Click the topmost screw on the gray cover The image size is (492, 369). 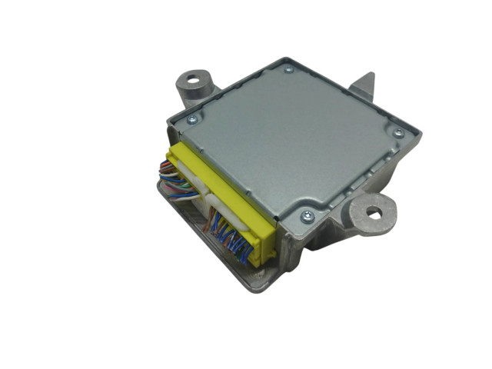(x=288, y=69)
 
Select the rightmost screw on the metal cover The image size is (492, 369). (x=397, y=133)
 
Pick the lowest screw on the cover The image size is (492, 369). (x=307, y=216)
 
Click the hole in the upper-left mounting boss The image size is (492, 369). (x=193, y=78)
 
